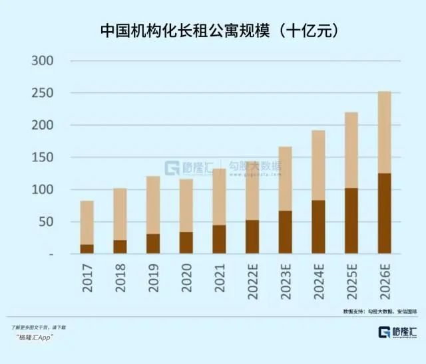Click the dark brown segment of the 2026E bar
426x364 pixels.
384,213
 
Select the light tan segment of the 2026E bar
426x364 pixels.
384,132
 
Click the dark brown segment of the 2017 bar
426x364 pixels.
87,249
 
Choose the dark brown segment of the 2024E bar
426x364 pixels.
318,227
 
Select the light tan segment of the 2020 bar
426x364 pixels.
186,205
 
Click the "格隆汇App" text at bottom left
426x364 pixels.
35,337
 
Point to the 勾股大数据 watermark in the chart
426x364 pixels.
255,166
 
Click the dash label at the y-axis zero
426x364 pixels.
51,254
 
